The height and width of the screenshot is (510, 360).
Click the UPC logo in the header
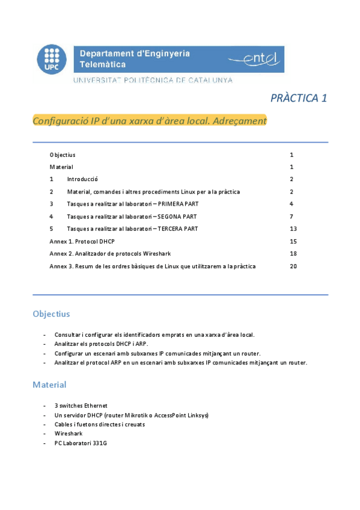(x=52, y=61)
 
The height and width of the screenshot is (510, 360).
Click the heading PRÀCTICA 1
(x=298, y=98)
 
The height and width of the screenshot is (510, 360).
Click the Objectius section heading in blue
(x=51, y=314)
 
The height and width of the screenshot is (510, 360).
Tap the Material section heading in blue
(x=49, y=384)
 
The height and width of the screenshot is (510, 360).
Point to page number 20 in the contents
(x=293, y=266)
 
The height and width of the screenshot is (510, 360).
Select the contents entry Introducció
(x=82, y=179)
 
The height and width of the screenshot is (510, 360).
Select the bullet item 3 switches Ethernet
(x=81, y=405)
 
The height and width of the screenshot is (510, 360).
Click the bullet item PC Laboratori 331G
(x=81, y=443)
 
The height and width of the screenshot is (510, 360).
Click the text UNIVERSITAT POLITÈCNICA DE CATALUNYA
(x=153, y=80)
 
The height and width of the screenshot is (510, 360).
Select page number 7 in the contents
(x=291, y=217)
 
